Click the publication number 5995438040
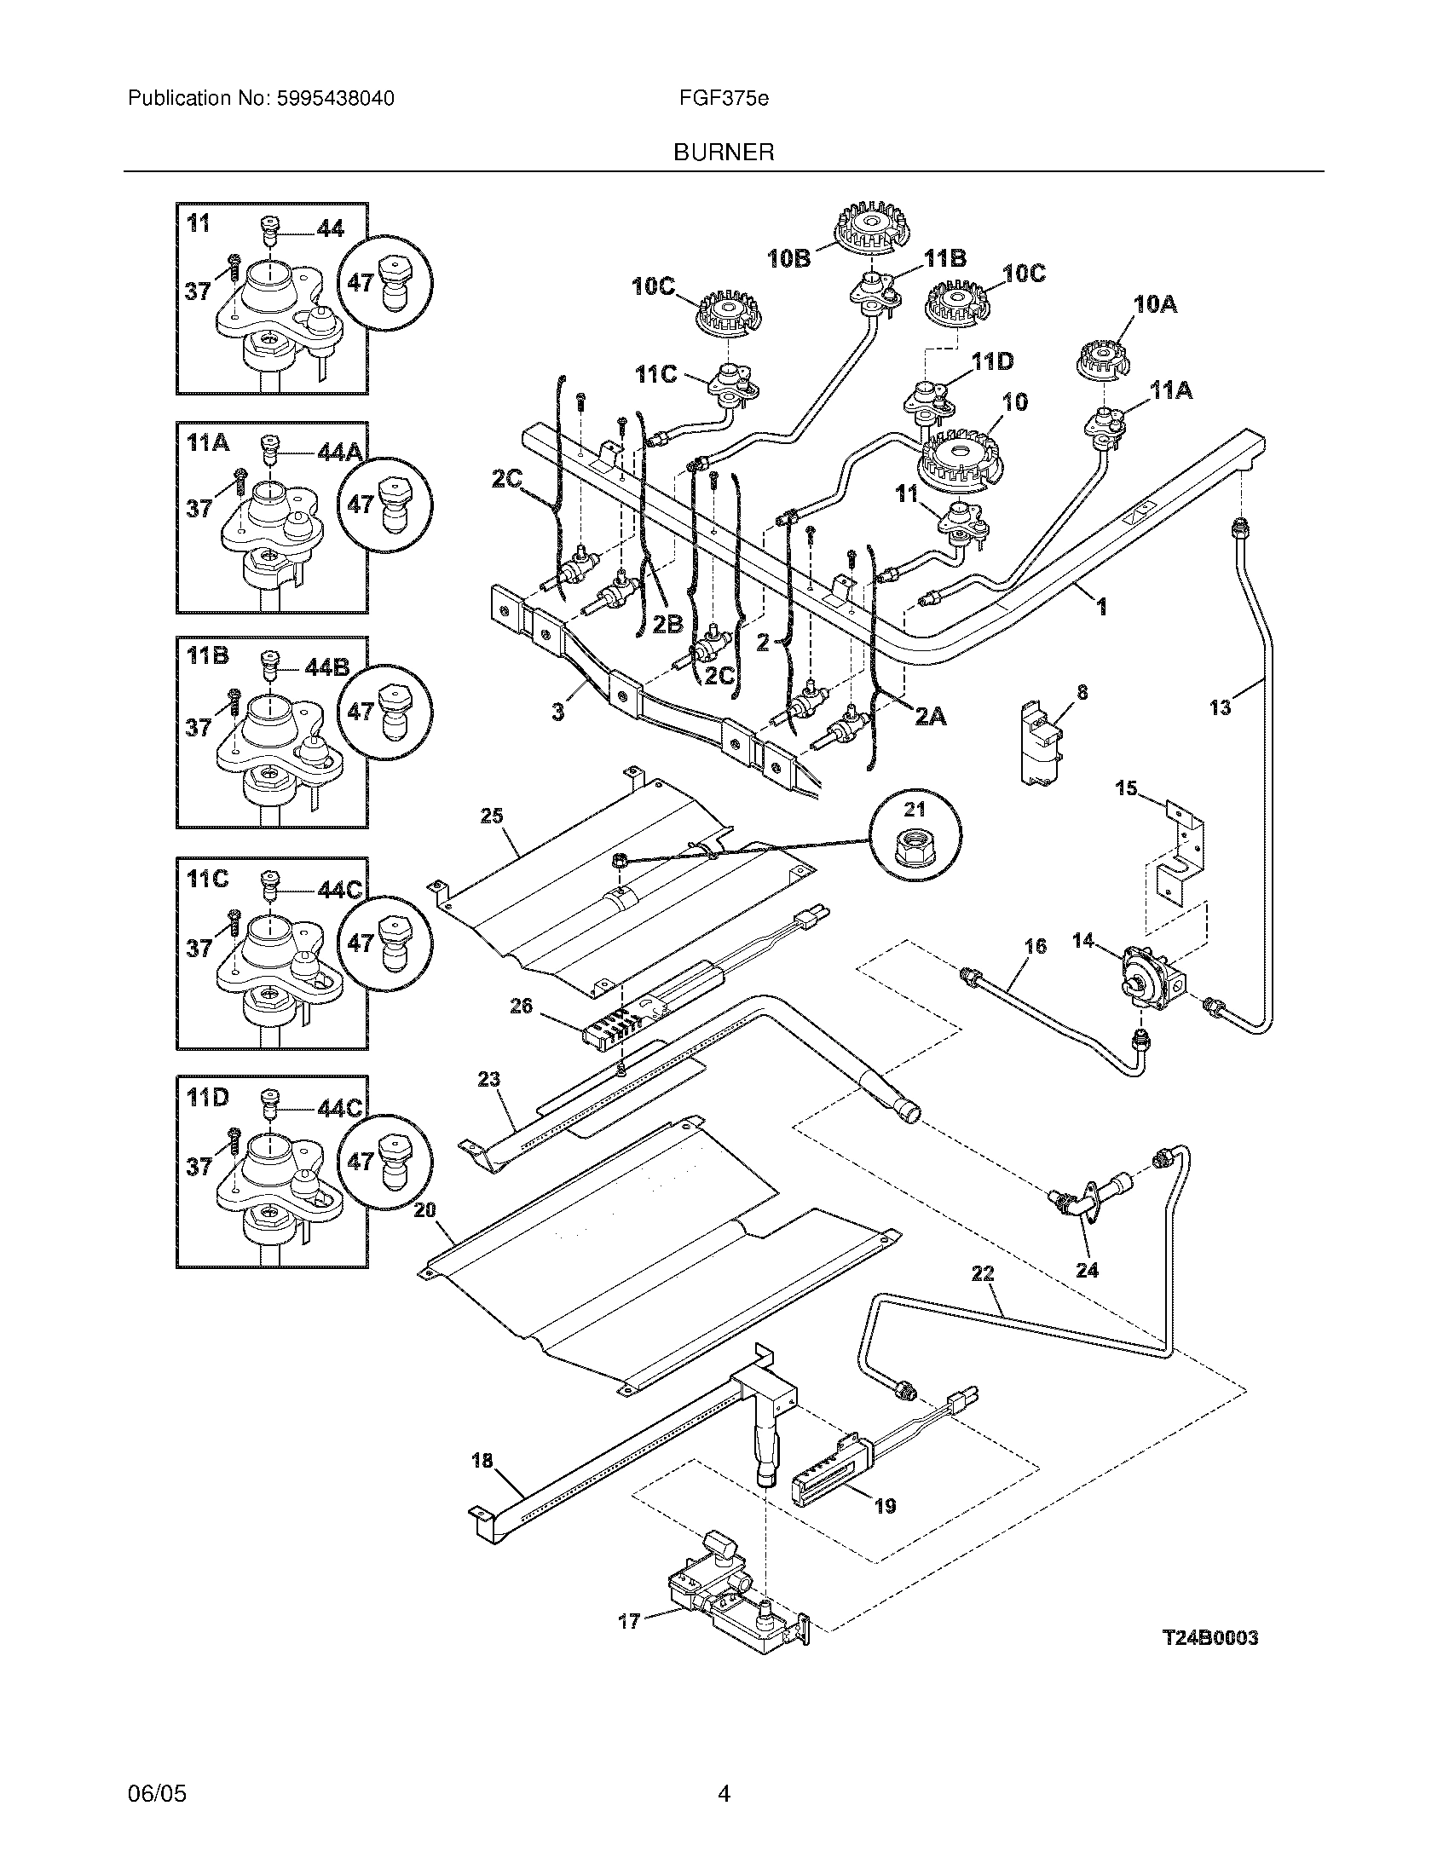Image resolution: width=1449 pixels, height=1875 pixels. pyautogui.click(x=336, y=99)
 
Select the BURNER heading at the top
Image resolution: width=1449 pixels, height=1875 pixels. pyautogui.click(x=724, y=153)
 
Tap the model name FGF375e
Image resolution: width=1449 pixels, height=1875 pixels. pyautogui.click(x=724, y=99)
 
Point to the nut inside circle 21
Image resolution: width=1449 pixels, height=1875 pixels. pyautogui.click(x=915, y=847)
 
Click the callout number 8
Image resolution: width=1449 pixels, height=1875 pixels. pyautogui.click(x=1082, y=692)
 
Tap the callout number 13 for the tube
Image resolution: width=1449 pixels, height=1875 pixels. pyautogui.click(x=1220, y=707)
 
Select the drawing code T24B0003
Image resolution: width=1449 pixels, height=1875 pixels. pyautogui.click(x=1210, y=1638)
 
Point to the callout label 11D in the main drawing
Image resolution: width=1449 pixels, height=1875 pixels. pyautogui.click(x=993, y=361)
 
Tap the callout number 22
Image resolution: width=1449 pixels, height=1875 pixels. pyautogui.click(x=983, y=1298)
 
